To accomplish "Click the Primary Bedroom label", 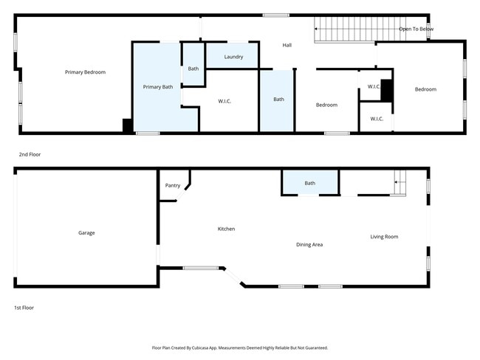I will click(85, 72).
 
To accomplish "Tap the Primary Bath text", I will click(157, 87).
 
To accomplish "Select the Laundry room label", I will click(233, 57).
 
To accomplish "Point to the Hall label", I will click(287, 46).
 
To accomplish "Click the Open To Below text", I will click(416, 30).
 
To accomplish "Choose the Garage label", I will click(86, 233).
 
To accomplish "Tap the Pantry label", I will click(173, 186).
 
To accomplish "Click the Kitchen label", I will click(226, 229).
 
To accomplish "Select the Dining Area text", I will click(309, 245).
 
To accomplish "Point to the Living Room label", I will click(384, 237).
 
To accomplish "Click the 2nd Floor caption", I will click(30, 155).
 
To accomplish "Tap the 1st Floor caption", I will click(24, 307).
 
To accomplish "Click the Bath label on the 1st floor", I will click(309, 184).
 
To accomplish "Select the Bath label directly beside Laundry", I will click(193, 69).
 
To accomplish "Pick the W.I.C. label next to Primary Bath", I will click(224, 101).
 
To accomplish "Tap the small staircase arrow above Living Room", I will click(399, 181).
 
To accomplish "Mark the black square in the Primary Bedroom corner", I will click(128, 126).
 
